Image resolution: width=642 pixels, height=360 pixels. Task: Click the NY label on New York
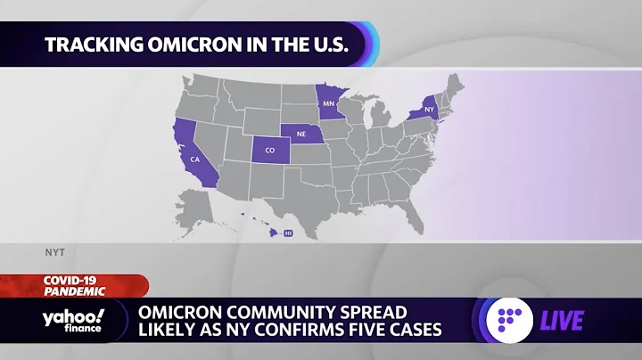(x=430, y=110)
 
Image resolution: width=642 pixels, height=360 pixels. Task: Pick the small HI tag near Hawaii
(x=288, y=233)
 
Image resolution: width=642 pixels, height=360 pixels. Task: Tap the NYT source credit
(x=55, y=252)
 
